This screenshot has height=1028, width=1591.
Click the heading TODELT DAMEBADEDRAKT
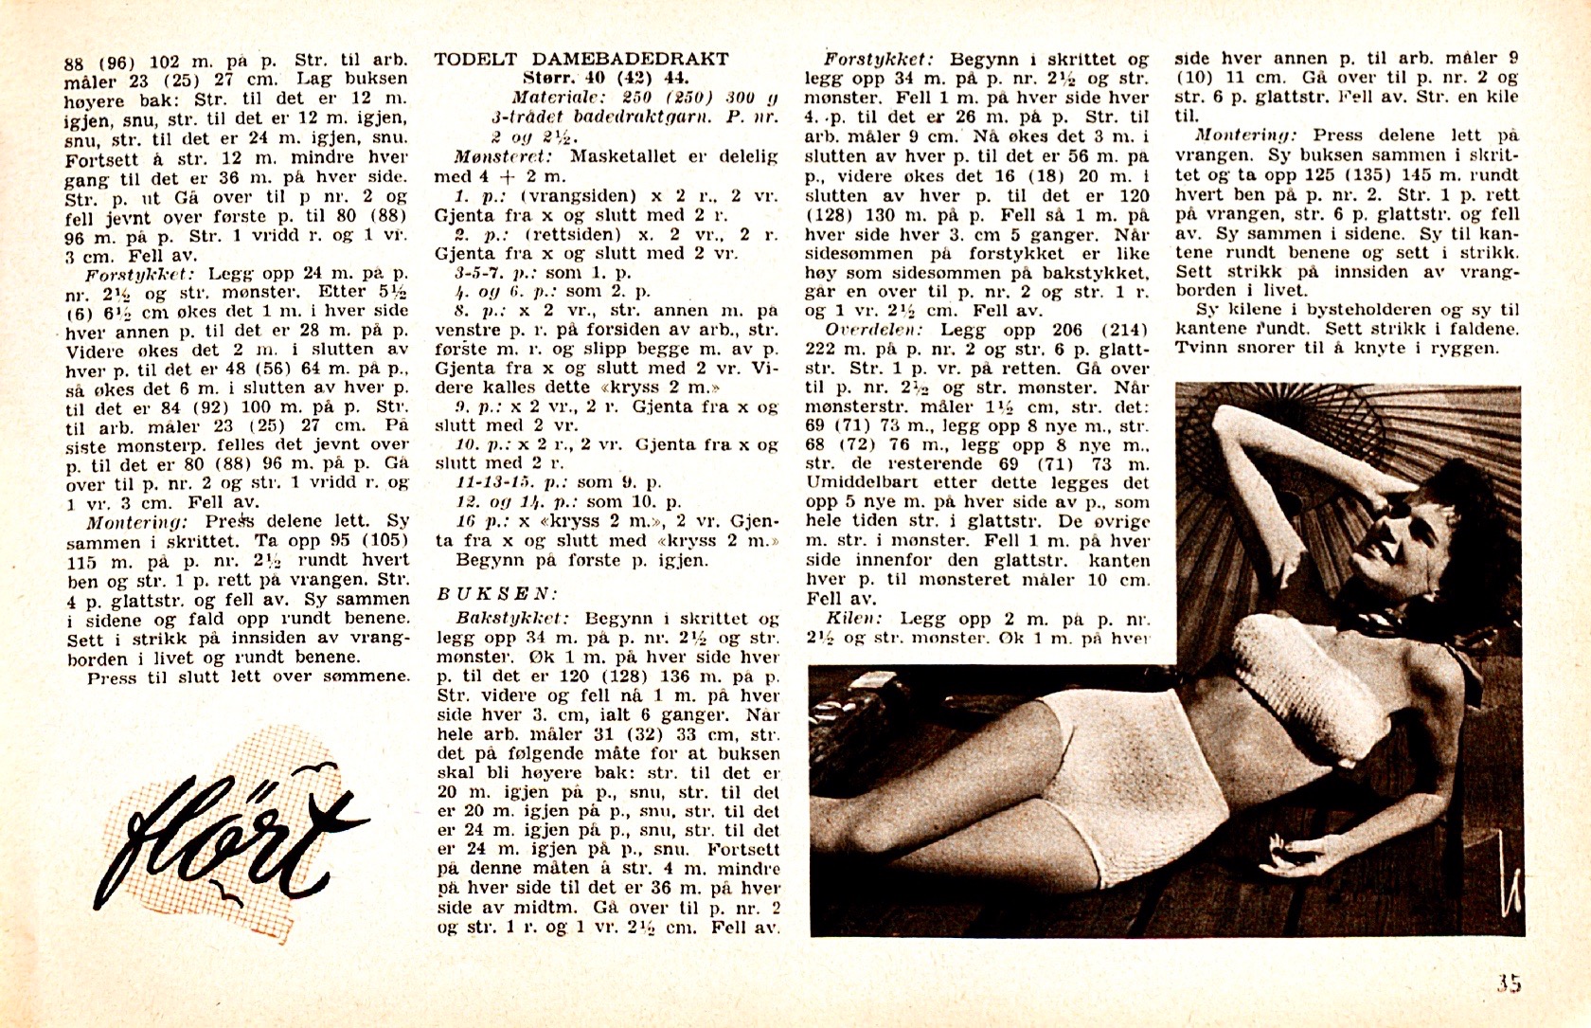581,59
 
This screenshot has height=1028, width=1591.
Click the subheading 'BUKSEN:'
495,594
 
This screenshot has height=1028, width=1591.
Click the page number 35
1508,983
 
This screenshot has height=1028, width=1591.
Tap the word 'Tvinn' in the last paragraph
1198,348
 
